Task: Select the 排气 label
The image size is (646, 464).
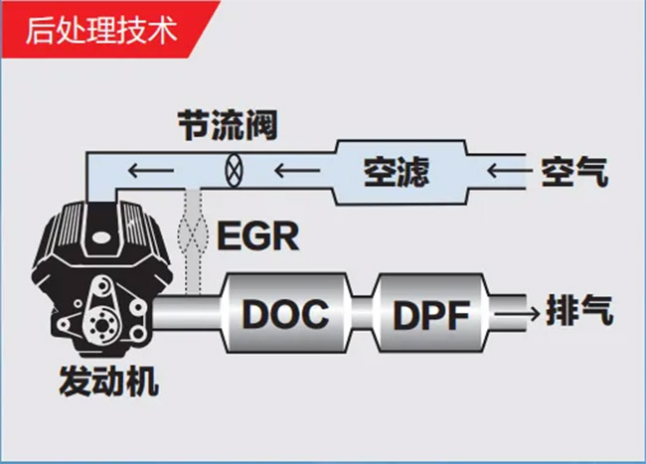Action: [x=579, y=311]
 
